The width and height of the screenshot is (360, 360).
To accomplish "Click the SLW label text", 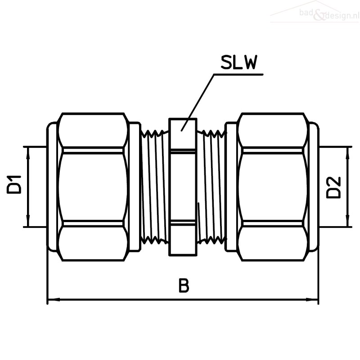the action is point(238,62).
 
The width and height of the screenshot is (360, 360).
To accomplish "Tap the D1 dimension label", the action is point(14,184).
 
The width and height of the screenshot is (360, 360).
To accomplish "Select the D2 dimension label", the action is point(333,187).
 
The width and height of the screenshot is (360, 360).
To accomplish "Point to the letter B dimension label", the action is point(184,285).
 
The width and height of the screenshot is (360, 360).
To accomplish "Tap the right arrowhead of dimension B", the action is point(312,300).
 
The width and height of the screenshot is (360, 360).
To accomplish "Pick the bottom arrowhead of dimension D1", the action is point(28,221).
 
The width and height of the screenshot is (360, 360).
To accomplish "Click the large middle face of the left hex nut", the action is point(93,187).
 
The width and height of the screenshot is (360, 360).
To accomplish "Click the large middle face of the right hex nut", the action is point(273,187).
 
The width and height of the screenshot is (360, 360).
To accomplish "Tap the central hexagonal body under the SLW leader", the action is point(183,187).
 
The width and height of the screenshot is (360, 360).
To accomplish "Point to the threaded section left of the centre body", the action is point(154,187).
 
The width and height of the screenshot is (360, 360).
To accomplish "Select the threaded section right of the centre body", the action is point(211,187).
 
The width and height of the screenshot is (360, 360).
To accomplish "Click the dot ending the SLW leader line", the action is point(182,130).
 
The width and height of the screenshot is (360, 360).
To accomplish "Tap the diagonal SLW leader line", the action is point(198,102).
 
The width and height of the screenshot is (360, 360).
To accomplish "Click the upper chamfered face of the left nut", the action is point(93,130).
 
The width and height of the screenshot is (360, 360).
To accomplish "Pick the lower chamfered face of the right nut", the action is point(273,243).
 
